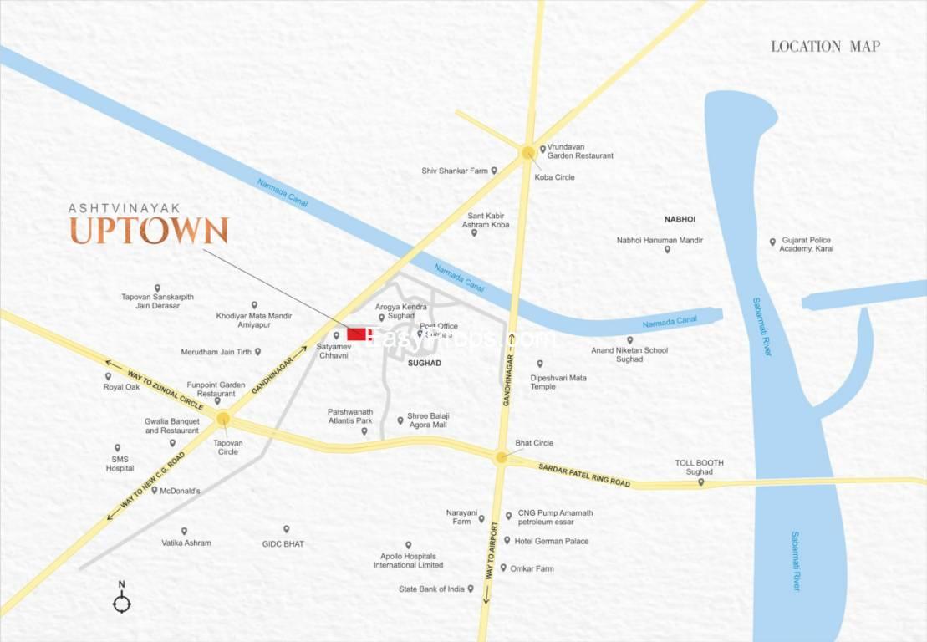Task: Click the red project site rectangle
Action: point(356,334)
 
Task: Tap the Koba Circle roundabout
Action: point(527,152)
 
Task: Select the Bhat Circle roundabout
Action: point(501,457)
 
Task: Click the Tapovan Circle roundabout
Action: point(222,418)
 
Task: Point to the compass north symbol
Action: point(122,602)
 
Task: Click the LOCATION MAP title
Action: point(825,47)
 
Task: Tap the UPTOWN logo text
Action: point(149,231)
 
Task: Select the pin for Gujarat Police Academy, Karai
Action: point(772,242)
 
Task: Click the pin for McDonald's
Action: point(155,490)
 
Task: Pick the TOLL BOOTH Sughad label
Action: point(700,467)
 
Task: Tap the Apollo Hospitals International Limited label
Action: point(409,560)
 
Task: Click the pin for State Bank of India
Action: point(471,588)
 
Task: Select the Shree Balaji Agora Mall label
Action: point(427,420)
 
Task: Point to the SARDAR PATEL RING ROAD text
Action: point(584,475)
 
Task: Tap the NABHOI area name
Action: point(680,219)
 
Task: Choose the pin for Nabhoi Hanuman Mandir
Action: point(668,250)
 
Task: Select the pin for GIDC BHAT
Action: point(286,529)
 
